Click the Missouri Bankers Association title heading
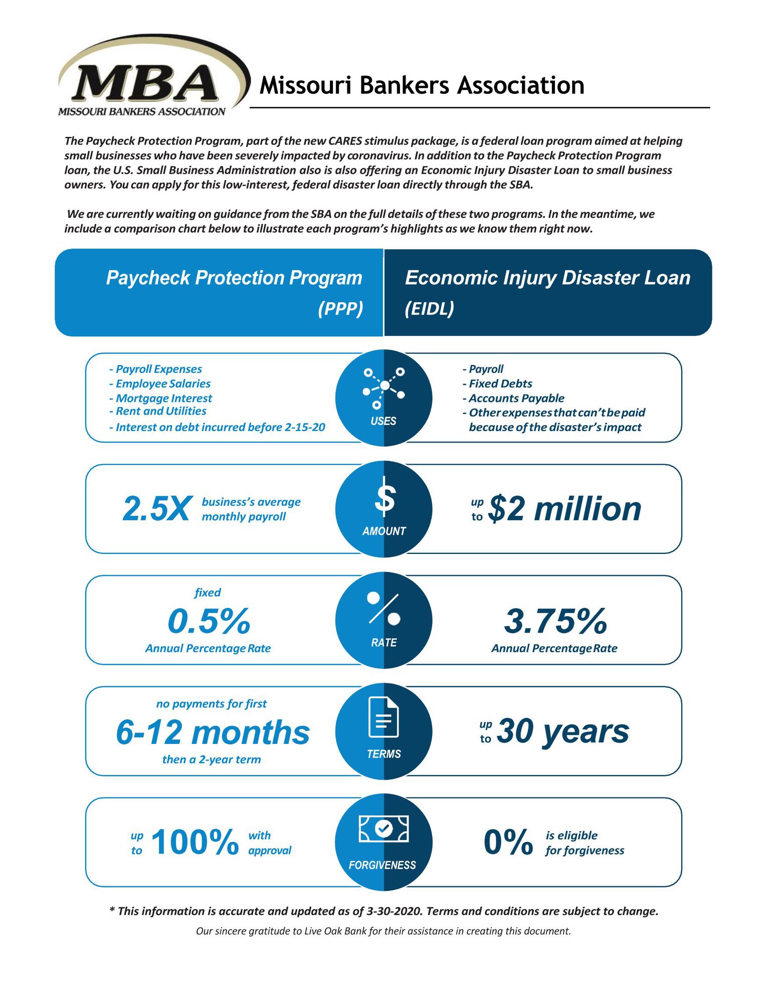[x=422, y=85]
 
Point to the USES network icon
[x=383, y=386]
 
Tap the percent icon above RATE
[x=384, y=608]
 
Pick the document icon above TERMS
[x=383, y=717]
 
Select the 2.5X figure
[x=157, y=509]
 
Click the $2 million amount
[x=564, y=509]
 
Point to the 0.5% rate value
[x=209, y=621]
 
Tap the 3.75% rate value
[x=555, y=621]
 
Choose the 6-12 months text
[x=213, y=732]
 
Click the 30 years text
[x=562, y=731]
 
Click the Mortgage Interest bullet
[x=163, y=398]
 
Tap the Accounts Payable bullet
[x=516, y=398]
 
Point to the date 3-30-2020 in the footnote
[x=394, y=911]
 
